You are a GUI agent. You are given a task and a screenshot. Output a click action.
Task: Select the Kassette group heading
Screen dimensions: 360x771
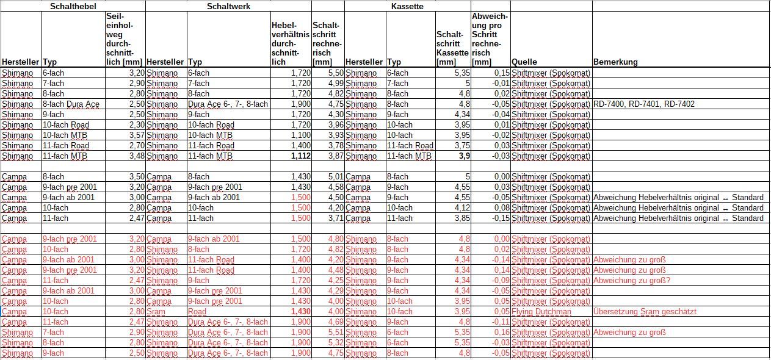coord(407,6)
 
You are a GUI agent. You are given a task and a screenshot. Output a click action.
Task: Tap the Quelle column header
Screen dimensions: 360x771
coord(524,62)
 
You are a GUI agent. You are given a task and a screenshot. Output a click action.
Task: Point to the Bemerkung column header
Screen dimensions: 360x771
coord(615,62)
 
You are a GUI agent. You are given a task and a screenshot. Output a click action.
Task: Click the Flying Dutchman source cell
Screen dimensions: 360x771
coord(541,312)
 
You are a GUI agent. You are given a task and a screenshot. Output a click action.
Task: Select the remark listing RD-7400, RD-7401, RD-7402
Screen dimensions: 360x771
coord(643,104)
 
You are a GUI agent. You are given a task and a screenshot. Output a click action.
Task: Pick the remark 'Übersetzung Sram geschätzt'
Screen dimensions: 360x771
coord(645,312)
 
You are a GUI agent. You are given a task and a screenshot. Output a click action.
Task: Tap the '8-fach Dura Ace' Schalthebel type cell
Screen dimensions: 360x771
coord(70,104)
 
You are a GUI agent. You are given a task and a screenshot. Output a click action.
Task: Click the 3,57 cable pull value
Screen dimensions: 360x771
coord(134,135)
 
